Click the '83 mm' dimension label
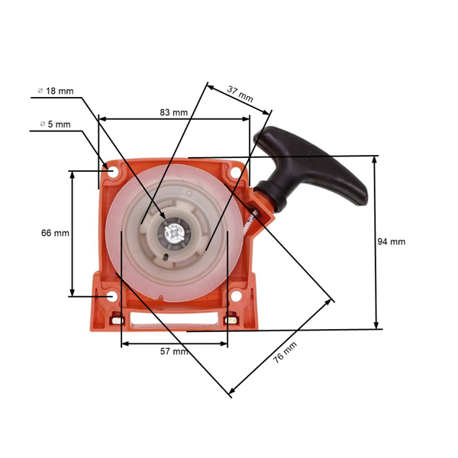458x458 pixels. [x=174, y=112]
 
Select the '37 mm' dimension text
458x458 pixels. [x=240, y=94]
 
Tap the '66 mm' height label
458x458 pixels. [x=55, y=233]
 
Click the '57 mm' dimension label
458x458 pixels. [x=174, y=352]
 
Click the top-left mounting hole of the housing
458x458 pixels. [x=112, y=172]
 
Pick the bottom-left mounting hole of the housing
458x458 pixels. [x=112, y=295]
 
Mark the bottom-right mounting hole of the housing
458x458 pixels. [x=236, y=295]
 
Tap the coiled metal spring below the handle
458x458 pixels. [x=249, y=222]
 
